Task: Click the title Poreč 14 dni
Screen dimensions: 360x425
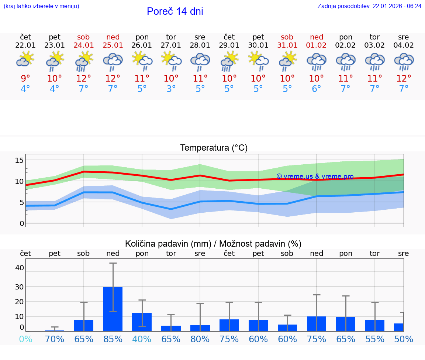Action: pyautogui.click(x=175, y=11)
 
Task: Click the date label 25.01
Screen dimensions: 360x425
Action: pyautogui.click(x=113, y=45)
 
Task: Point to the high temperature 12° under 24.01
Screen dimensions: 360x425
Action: pyautogui.click(x=84, y=78)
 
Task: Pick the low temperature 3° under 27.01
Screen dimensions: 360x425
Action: pyautogui.click(x=171, y=89)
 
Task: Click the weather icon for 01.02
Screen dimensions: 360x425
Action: pyautogui.click(x=316, y=62)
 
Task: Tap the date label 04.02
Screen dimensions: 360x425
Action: pyautogui.click(x=404, y=45)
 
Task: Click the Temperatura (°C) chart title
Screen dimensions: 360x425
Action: pyautogui.click(x=214, y=148)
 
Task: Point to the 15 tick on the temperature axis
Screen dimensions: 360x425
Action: pyautogui.click(x=19, y=160)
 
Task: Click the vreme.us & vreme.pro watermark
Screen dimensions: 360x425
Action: pyautogui.click(x=315, y=176)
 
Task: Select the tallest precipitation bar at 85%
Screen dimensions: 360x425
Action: pyautogui.click(x=113, y=309)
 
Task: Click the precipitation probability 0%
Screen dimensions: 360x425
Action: pyautogui.click(x=25, y=339)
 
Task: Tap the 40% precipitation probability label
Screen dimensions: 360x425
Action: pyautogui.click(x=142, y=339)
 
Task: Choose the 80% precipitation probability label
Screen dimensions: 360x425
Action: pyautogui.click(x=200, y=339)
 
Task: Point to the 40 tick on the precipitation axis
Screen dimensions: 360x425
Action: pyautogui.click(x=19, y=268)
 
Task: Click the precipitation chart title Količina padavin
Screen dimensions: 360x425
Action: pyautogui.click(x=213, y=244)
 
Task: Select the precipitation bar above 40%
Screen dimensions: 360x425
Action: pyautogui.click(x=142, y=322)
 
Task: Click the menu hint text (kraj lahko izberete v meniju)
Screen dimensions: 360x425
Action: pyautogui.click(x=41, y=6)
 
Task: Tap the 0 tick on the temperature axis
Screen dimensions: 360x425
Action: pyautogui.click(x=22, y=223)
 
